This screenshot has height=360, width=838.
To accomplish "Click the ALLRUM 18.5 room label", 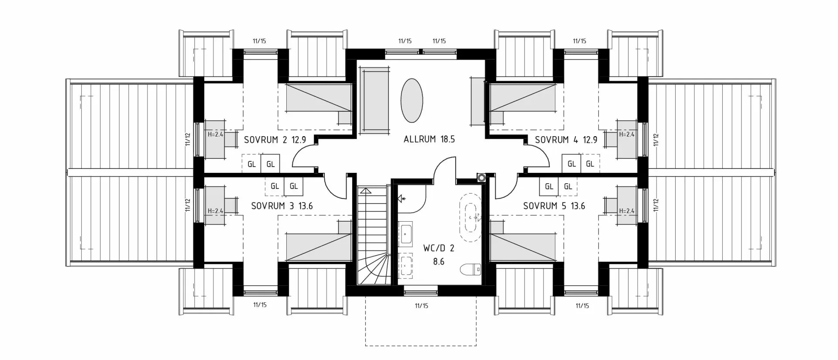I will tap(429, 139).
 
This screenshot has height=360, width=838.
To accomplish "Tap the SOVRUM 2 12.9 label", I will tap(275, 140).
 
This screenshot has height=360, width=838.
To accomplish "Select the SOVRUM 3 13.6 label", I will tap(282, 206).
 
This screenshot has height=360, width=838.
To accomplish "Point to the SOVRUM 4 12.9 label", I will tap(566, 140).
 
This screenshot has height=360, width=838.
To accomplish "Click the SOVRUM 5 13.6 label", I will tap(554, 206).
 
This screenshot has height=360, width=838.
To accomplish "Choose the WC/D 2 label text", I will tap(439, 248).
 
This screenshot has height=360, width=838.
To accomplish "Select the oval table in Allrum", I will tap(412, 101).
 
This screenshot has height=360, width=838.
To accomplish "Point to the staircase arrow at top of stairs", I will tap(366, 190).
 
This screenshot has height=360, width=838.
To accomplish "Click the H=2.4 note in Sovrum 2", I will tap(215, 134).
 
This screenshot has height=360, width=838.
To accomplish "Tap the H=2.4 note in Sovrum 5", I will tap(627, 211).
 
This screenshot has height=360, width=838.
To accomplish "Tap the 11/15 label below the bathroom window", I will tap(421, 305).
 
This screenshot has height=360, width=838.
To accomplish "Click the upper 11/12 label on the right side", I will tap(656, 139).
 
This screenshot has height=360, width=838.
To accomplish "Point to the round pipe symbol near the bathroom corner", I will tap(482, 178).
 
